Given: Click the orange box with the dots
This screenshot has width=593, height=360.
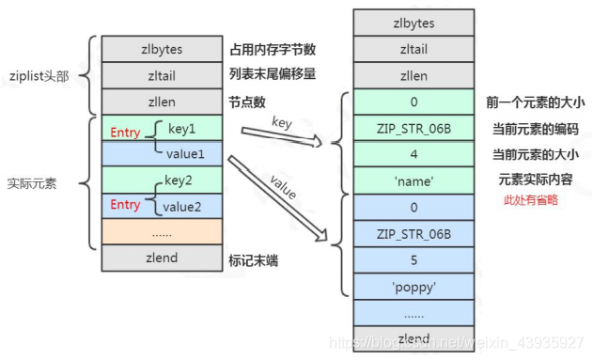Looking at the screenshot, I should point(161,231).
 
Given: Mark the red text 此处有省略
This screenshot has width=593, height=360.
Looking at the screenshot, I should point(532,199).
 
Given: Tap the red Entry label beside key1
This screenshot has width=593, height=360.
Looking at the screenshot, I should point(125,133).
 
